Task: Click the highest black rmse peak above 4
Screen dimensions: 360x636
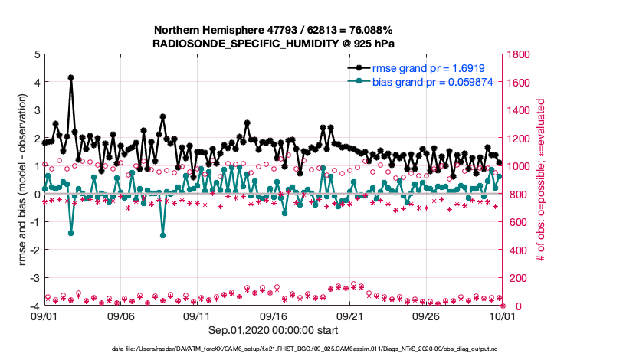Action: click(x=70, y=77)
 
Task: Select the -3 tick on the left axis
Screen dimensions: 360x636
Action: click(x=34, y=278)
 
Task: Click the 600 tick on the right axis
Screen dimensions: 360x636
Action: click(x=516, y=222)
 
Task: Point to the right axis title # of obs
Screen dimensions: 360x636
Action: click(x=540, y=180)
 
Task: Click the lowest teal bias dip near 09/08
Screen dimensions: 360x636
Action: click(x=162, y=235)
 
